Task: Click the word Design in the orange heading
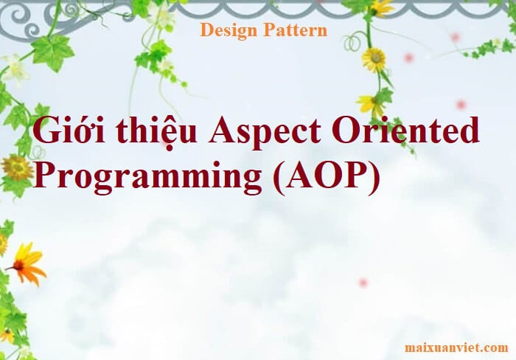click(229, 31)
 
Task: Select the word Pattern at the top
click(296, 30)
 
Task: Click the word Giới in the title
click(70, 130)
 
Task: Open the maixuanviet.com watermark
click(456, 347)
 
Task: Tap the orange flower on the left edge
click(27, 264)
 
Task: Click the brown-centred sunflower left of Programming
click(16, 167)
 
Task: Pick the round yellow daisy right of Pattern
click(374, 59)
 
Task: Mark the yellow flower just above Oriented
click(369, 103)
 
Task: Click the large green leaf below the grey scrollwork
click(52, 52)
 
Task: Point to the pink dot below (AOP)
click(363, 283)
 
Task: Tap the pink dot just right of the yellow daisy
click(408, 58)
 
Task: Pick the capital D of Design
click(206, 30)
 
